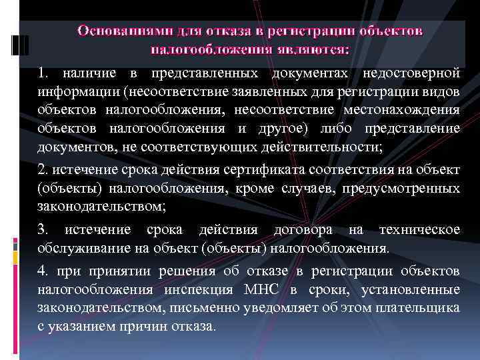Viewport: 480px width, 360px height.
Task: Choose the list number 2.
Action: [x=41, y=171]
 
